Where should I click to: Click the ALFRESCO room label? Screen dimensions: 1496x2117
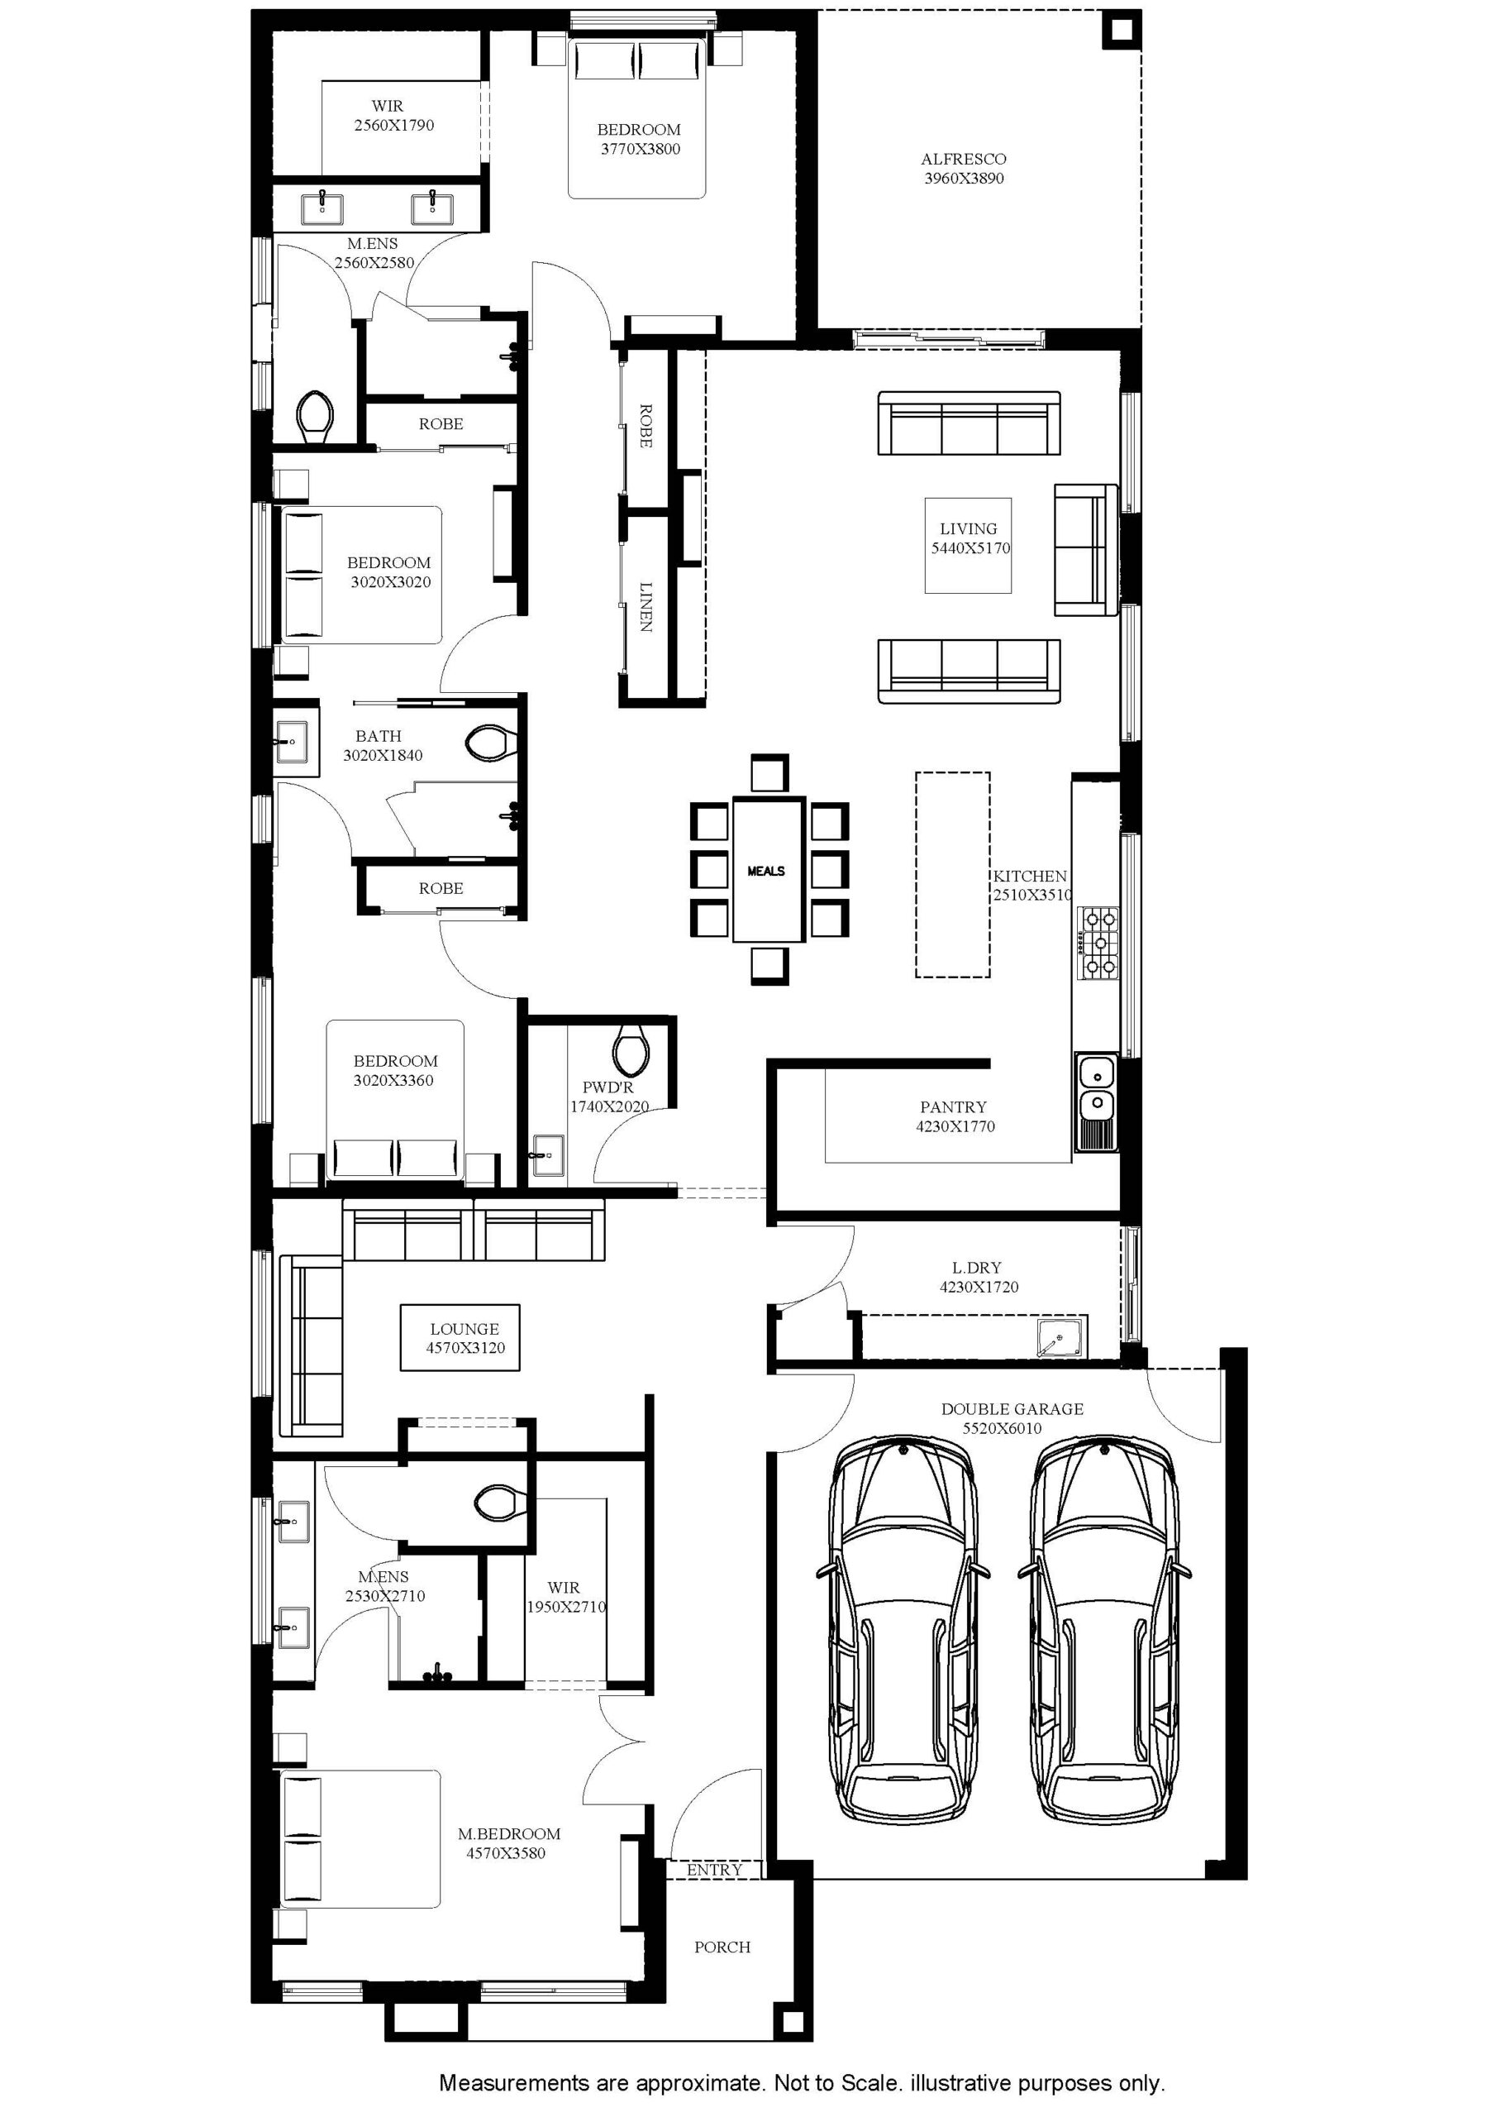pos(963,160)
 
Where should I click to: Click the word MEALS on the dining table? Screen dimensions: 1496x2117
pos(766,871)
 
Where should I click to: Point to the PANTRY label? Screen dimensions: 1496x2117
pos(953,1106)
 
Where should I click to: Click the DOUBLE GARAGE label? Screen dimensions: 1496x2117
pos(1012,1409)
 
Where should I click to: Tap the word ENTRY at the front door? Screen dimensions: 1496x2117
pos(714,1870)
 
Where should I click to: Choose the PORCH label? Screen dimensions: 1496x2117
pos(722,1947)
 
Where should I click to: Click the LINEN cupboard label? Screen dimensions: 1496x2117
pos(646,606)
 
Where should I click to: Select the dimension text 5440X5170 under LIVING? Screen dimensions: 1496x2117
pos(970,547)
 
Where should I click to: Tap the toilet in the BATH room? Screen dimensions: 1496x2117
pos(488,743)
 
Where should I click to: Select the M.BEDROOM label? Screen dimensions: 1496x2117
pos(509,1834)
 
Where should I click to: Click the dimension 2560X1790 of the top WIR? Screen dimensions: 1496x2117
pos(393,126)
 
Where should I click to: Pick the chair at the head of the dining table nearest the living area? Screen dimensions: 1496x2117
pos(769,772)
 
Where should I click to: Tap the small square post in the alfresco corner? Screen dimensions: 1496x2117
pos(1121,31)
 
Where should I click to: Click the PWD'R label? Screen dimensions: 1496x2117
pos(608,1088)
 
